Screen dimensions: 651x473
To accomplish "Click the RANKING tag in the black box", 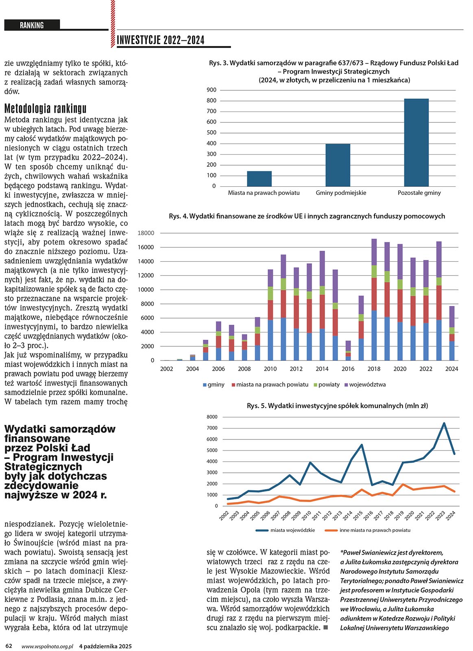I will (32, 25).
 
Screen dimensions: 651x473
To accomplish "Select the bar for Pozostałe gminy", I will (416, 142).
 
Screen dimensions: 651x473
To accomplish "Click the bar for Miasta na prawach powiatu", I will (259, 179).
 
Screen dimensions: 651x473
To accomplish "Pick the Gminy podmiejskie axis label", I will (341, 193).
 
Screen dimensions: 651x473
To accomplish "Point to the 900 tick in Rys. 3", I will (211, 90).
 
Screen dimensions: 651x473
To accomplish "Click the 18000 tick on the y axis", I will (146, 233).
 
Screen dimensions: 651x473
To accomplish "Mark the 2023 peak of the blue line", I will (444, 423).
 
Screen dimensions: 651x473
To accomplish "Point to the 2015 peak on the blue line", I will (362, 445).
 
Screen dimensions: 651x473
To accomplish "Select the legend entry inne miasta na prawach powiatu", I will (375, 530).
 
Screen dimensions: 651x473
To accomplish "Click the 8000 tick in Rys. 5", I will (212, 417).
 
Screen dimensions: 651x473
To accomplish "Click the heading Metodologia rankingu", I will (45, 109).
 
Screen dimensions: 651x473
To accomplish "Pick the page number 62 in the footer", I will (9, 646).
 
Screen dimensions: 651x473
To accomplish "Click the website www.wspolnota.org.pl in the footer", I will (47, 646).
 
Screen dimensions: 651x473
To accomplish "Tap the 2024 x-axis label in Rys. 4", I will (451, 369).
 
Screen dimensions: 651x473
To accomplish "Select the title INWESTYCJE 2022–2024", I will (160, 40).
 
